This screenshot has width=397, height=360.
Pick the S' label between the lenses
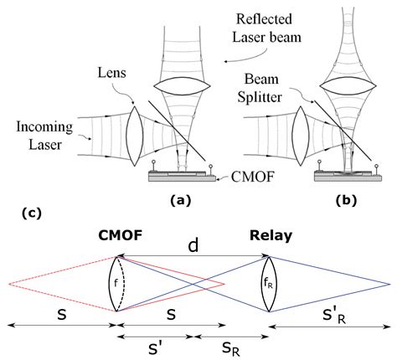click(154, 347)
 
